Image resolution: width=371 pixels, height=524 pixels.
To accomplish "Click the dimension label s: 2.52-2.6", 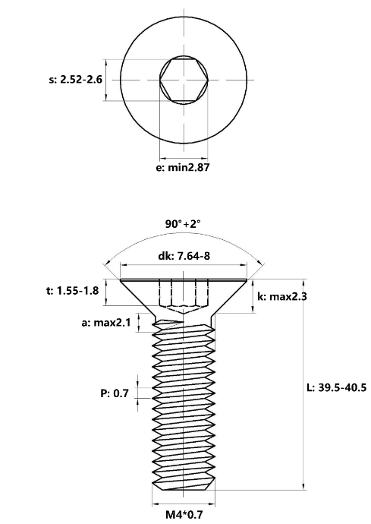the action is point(76,80).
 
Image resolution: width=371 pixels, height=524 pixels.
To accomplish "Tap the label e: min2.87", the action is point(183,167).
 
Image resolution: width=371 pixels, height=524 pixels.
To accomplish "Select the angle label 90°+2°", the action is point(183,223).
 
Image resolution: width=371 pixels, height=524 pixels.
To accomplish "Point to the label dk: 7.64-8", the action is point(184,256).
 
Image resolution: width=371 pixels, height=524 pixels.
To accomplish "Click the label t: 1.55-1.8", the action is point(73,291).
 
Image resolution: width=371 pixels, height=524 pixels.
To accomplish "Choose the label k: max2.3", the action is point(282,296).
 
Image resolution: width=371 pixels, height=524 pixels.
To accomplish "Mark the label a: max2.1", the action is point(106,323).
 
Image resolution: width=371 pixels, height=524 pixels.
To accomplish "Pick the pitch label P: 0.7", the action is point(115,393).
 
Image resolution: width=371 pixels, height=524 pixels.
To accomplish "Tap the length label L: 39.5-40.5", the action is point(337,387).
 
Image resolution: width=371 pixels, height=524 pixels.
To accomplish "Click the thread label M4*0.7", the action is point(184,514).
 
